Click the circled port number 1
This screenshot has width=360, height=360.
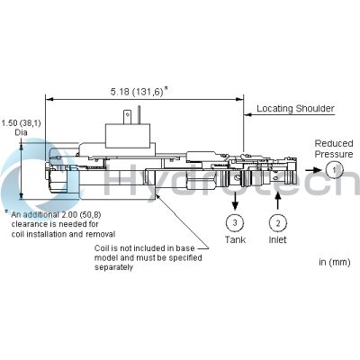(334, 169)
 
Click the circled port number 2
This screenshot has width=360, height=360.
(279, 221)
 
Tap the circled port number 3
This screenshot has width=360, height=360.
(234, 221)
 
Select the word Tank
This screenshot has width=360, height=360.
(234, 239)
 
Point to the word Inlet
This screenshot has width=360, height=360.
(279, 239)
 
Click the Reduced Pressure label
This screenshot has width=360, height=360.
(334, 148)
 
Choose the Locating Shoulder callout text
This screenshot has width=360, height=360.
(295, 109)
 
